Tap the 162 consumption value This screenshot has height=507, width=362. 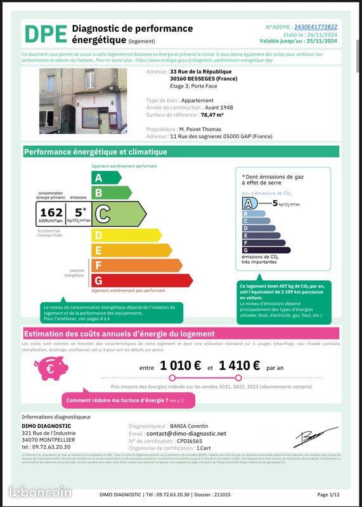click(x=51, y=213)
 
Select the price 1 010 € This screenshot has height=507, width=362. click(x=180, y=365)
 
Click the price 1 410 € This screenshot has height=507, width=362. click(x=239, y=365)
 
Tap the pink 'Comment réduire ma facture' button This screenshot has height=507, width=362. click(x=126, y=401)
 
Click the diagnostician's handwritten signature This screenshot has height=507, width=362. click(x=315, y=437)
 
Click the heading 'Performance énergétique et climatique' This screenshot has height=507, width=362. click(x=96, y=152)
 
